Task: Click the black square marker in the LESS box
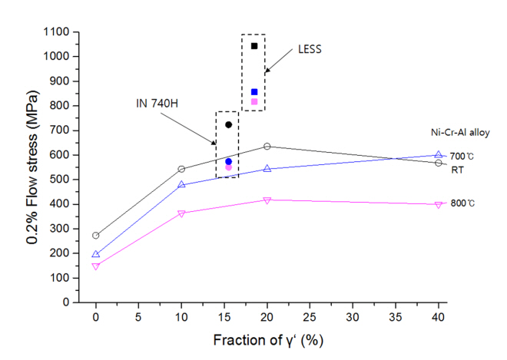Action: point(254,46)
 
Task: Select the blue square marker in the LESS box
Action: point(254,92)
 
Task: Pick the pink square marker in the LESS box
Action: point(254,101)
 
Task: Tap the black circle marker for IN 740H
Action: point(228,124)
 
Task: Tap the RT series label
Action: point(456,169)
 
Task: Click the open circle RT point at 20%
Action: point(267,146)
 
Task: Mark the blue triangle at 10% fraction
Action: point(181,184)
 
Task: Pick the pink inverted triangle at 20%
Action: point(267,200)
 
